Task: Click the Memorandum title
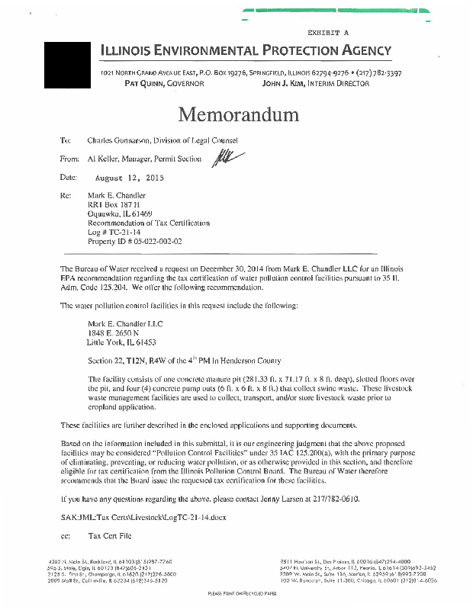point(238,115)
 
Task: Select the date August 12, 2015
point(129,178)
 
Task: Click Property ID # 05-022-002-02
point(136,242)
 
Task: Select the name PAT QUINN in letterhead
point(134,84)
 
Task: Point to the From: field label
point(69,159)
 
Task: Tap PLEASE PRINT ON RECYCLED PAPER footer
point(236,592)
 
